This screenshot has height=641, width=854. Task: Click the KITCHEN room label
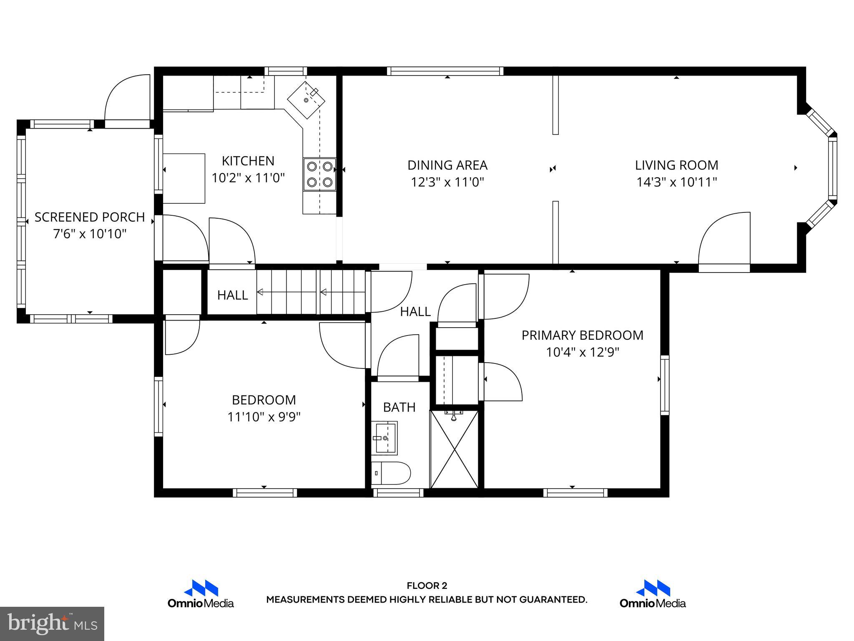click(x=248, y=161)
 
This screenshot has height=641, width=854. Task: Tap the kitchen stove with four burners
click(x=319, y=174)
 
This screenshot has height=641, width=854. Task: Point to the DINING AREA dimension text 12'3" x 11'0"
click(x=447, y=182)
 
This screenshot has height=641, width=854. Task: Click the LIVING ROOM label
click(x=676, y=165)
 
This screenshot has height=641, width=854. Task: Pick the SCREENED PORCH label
click(x=90, y=217)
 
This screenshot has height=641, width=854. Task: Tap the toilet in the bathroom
click(x=391, y=473)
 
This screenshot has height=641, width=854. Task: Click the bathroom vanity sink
click(x=384, y=438)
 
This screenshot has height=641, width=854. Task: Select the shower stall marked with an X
click(x=454, y=449)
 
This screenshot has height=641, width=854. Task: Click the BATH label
click(x=399, y=407)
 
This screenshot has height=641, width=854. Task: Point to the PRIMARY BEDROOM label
click(x=582, y=335)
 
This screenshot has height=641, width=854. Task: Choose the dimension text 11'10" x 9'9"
click(x=264, y=417)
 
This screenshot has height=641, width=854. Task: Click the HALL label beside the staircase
click(x=232, y=295)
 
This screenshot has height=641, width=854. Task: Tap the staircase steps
click(x=311, y=292)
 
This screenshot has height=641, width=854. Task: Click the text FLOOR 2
click(x=427, y=586)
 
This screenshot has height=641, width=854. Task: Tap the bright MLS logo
click(x=52, y=623)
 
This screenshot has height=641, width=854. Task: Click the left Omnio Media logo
click(x=201, y=594)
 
